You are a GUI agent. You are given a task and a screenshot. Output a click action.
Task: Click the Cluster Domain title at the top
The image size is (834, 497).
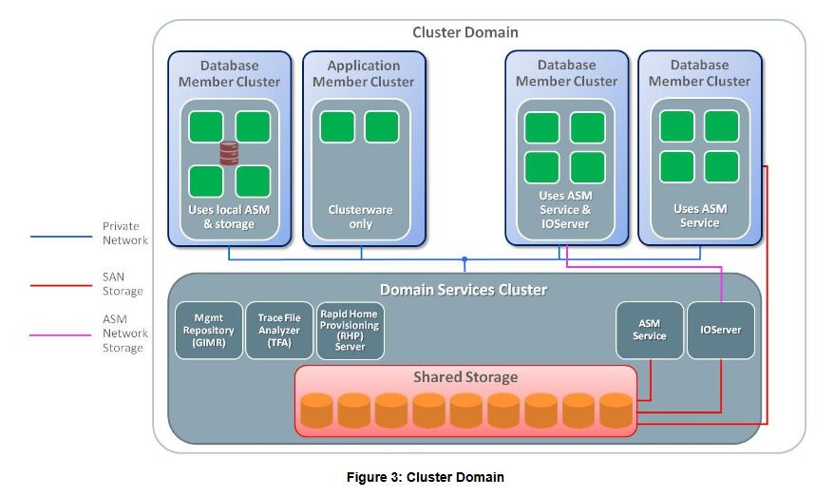click(x=464, y=32)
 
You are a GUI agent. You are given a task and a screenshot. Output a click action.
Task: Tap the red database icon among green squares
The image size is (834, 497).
click(x=229, y=153)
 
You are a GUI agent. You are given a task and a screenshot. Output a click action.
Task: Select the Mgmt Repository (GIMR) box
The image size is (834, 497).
click(x=208, y=331)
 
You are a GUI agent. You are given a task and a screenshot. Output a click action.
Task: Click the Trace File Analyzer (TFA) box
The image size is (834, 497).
click(x=278, y=331)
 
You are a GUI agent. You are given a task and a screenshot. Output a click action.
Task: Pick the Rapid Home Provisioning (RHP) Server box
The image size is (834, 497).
click(x=350, y=331)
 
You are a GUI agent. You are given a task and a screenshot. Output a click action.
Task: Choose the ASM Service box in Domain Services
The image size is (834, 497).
click(x=650, y=331)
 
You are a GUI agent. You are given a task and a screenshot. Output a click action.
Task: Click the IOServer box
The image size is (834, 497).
click(x=720, y=331)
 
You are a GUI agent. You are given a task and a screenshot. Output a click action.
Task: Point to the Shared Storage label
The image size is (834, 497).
click(x=464, y=377)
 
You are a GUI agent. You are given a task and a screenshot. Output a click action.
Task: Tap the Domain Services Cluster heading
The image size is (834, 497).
click(x=463, y=289)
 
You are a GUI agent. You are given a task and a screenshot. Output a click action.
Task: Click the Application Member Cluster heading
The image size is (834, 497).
click(x=363, y=73)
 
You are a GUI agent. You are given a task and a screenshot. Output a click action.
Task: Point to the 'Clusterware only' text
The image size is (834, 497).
click(x=360, y=218)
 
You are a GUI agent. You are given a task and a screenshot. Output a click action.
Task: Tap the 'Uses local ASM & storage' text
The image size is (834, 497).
click(x=228, y=217)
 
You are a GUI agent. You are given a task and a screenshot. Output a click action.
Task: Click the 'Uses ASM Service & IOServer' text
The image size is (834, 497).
click(x=565, y=210)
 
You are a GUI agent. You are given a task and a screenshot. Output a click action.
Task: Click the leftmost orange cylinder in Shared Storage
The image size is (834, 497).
click(x=316, y=411)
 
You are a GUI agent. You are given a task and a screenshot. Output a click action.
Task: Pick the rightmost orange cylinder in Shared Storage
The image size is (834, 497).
click(x=616, y=411)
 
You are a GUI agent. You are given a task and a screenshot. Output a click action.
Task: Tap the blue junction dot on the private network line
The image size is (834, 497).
click(x=464, y=258)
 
